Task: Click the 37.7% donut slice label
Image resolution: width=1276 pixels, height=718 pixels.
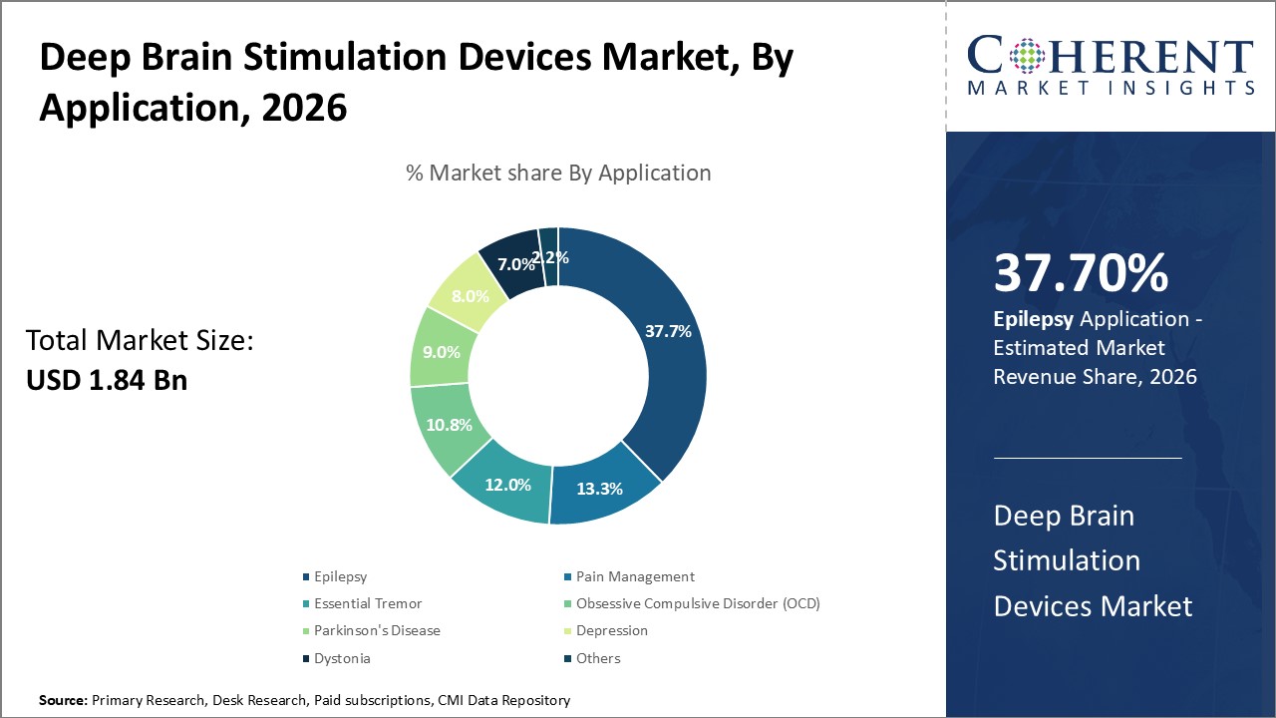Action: (x=668, y=332)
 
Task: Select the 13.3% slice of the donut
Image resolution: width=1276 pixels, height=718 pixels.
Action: (x=599, y=489)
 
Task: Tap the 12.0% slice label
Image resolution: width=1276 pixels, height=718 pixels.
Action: (x=507, y=485)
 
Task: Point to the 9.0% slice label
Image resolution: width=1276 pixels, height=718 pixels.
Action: (x=441, y=352)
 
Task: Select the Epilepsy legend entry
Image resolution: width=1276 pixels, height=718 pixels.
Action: (x=340, y=576)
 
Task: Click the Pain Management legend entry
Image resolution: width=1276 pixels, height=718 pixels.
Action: (x=634, y=576)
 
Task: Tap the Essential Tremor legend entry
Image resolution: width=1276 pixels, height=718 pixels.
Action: (x=367, y=603)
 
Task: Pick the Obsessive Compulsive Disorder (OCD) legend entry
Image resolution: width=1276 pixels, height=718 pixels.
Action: (x=697, y=603)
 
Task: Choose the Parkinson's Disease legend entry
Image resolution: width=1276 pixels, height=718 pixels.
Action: (x=376, y=630)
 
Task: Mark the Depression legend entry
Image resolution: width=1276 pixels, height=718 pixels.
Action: (x=611, y=630)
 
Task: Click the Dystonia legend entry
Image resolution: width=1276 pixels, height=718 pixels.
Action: (x=342, y=658)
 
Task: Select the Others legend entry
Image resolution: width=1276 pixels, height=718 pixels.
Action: (x=597, y=658)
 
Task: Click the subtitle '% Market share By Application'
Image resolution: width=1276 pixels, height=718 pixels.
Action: (x=558, y=173)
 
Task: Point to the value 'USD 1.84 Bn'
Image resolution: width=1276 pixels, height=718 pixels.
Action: (x=107, y=380)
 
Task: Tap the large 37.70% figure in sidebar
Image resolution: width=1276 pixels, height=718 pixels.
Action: (x=1081, y=274)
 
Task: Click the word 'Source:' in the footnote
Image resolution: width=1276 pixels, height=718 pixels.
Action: (x=63, y=701)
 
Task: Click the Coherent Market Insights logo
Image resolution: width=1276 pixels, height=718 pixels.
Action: (x=1111, y=66)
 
